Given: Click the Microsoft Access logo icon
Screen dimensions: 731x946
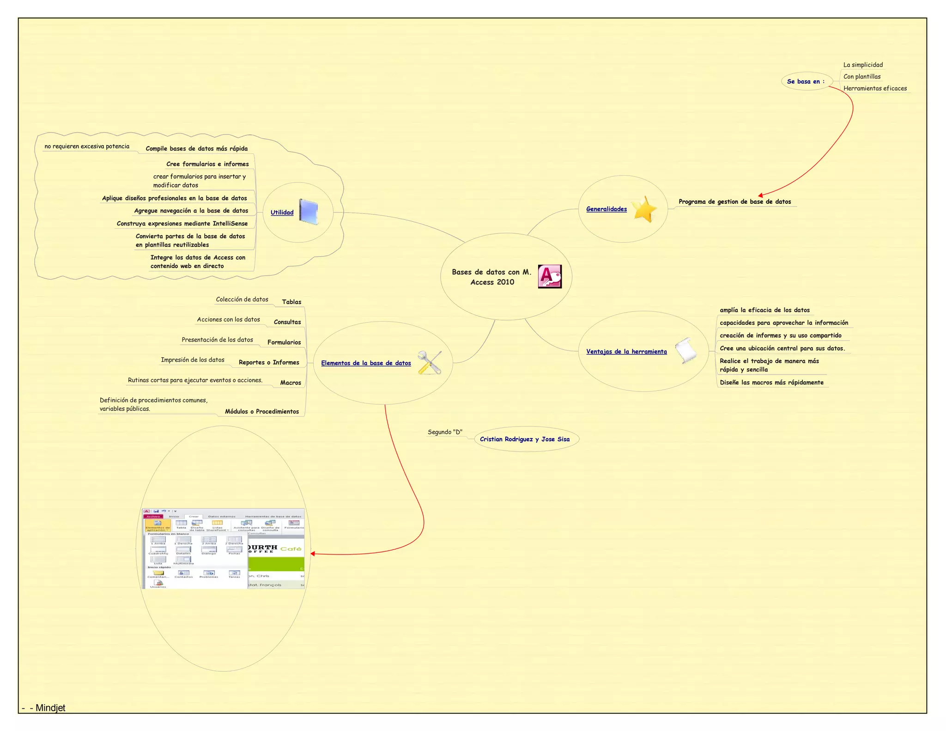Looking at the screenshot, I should point(550,276).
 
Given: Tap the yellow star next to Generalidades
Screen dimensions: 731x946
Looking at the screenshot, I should point(644,209).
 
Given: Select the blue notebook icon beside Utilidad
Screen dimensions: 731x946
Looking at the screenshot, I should point(309,212).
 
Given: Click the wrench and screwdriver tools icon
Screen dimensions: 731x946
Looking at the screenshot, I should point(429,363).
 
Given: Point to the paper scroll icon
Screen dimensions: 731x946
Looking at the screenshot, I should point(686,350).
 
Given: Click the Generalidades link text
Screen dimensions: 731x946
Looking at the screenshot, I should point(606,209).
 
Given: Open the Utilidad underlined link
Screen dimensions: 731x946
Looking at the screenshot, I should point(282,213).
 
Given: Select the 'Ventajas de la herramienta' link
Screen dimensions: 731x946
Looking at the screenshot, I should point(626,352).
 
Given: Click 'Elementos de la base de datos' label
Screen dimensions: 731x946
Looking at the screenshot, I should point(366,363).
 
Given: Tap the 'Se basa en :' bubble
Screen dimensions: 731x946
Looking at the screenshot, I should point(806,81).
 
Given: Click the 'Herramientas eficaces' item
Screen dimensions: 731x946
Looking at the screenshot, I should point(875,88).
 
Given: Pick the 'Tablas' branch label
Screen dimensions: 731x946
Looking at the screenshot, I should point(291,302).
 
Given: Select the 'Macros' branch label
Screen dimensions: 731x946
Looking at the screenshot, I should point(291,383).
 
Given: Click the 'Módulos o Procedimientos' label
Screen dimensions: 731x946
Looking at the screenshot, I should point(262,412).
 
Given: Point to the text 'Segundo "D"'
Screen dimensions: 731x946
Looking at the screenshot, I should point(445,432).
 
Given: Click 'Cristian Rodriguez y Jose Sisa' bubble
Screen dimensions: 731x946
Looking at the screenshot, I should point(525,439).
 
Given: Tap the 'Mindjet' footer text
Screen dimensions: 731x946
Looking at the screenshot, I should point(50,708).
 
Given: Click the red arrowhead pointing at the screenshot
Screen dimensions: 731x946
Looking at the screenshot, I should point(313,554).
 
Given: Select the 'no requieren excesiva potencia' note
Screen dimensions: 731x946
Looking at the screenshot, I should point(87,146).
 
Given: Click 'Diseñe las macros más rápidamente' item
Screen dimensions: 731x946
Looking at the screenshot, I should point(771,383).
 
